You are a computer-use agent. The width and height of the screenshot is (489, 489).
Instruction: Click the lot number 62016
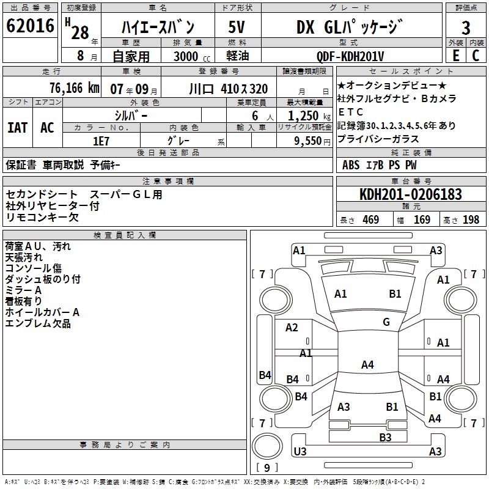pyautogui.click(x=31, y=27)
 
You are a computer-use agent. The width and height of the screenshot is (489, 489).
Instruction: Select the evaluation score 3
pyautogui.click(x=466, y=28)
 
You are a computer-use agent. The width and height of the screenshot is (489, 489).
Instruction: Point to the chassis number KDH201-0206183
pyautogui.click(x=410, y=194)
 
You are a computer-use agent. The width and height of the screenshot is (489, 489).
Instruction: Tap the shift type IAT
pyautogui.click(x=18, y=128)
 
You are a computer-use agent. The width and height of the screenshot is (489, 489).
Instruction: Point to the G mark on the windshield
pyautogui.click(x=386, y=322)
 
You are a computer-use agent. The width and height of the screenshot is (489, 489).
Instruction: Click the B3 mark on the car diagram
pyautogui.click(x=385, y=437)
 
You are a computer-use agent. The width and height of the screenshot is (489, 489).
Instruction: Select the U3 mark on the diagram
pyautogui.click(x=300, y=451)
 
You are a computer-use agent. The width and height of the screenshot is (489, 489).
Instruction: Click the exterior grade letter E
pyautogui.click(x=455, y=56)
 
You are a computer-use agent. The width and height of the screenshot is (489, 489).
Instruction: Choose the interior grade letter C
pyautogui.click(x=476, y=56)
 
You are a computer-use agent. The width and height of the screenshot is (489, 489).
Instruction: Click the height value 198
pyautogui.click(x=471, y=220)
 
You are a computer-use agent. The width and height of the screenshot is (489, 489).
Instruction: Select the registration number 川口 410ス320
pyautogui.click(x=229, y=89)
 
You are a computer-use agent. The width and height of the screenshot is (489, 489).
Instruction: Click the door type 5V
pyautogui.click(x=237, y=28)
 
